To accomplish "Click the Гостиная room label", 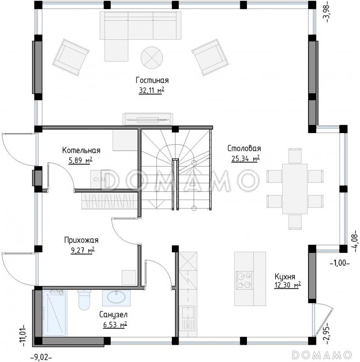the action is click(152, 81).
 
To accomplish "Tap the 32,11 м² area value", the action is click(152, 90).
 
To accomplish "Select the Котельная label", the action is click(81, 150).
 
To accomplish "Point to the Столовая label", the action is click(244, 148).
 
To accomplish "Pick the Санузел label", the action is click(114, 314).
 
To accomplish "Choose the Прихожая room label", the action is click(81, 240).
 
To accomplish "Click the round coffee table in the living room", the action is click(152, 57).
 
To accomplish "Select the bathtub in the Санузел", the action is click(54, 313).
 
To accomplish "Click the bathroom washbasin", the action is click(116, 297).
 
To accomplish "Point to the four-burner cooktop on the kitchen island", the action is click(244, 280).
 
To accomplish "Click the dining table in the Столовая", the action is click(295, 189).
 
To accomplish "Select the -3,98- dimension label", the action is click(327, 11).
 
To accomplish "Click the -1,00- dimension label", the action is click(340, 263).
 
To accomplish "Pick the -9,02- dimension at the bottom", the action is click(41, 357).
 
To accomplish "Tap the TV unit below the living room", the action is click(148, 119).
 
